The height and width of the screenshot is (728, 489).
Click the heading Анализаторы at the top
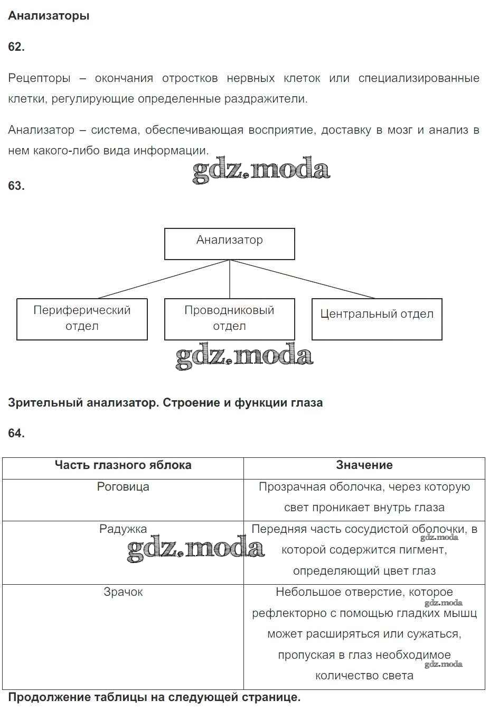(49, 16)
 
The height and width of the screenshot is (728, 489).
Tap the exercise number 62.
(16, 47)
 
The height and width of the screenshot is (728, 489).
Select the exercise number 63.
(16, 186)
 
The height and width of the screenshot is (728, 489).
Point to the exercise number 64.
(16, 433)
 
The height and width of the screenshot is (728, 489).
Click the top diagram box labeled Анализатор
(229, 244)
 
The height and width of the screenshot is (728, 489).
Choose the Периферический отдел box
(82, 319)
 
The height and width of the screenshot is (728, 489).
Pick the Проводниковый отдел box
(229, 319)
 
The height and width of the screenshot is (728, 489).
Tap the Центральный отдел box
(377, 319)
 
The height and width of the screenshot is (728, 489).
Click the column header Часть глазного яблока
(123, 465)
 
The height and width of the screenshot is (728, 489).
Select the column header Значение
(364, 465)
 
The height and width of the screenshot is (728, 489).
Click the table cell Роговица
(123, 487)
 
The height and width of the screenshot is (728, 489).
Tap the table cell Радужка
(123, 529)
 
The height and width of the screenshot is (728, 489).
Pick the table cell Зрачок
(123, 592)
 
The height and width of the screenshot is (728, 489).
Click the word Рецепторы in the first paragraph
(39, 78)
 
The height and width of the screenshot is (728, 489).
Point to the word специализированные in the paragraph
(419, 78)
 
